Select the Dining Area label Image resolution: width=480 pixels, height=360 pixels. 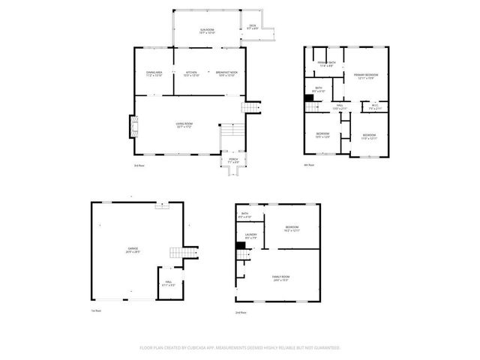154,73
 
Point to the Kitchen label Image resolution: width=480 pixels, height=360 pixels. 191,73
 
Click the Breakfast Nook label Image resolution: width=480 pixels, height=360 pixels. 226,73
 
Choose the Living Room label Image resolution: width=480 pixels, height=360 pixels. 184,124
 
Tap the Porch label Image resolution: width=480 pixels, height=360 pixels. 232,160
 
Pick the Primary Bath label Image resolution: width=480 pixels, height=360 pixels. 325,64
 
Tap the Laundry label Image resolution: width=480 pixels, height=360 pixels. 251,236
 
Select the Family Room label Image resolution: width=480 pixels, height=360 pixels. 281,278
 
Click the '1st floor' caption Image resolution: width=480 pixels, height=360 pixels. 95,310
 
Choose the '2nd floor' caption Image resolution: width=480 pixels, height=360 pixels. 240,312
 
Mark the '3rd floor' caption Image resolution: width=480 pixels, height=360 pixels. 139,165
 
